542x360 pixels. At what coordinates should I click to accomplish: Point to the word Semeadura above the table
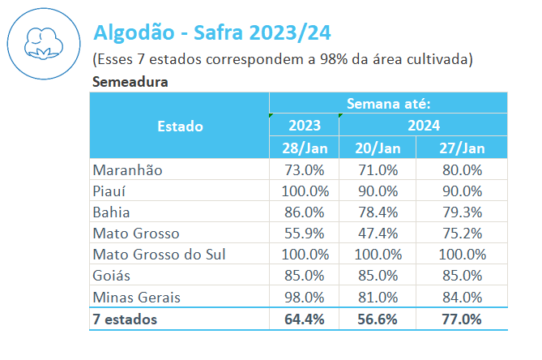click(x=130, y=81)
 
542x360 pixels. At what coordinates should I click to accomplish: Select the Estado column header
click(x=180, y=126)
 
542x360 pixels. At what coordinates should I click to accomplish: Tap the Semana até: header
click(x=388, y=103)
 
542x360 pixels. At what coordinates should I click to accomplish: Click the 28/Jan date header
click(x=304, y=148)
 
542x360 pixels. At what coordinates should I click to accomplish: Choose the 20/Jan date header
click(x=378, y=148)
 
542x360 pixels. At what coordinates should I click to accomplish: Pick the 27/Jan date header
click(x=462, y=148)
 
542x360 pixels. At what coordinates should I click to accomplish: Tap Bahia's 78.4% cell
click(x=378, y=212)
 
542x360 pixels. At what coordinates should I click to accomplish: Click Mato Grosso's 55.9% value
click(x=304, y=234)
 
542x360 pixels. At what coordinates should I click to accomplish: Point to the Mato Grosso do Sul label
click(x=160, y=255)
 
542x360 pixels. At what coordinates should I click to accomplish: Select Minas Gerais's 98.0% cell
click(x=304, y=297)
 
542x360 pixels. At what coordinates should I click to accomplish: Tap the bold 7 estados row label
click(x=126, y=319)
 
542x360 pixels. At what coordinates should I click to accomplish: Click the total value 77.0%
click(x=462, y=319)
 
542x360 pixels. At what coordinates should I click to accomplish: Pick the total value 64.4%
click(x=304, y=319)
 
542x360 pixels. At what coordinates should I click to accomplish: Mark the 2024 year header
click(x=423, y=126)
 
